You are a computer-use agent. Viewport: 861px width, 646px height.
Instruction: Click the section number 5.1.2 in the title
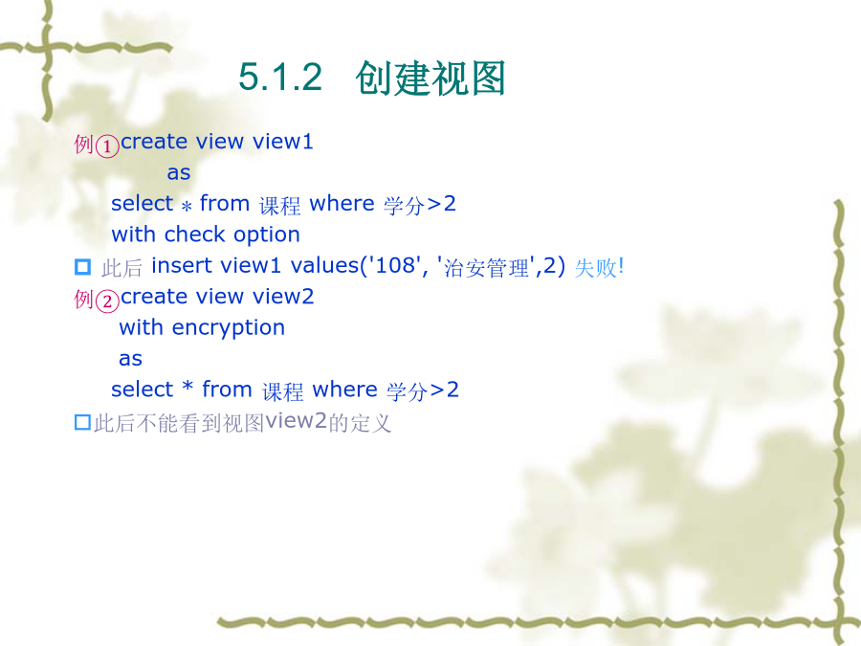pos(280,77)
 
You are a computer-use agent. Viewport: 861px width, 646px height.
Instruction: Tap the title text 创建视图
pos(430,78)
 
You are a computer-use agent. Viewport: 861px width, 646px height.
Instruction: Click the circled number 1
pos(107,146)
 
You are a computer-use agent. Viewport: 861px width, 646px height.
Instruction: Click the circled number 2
pos(107,301)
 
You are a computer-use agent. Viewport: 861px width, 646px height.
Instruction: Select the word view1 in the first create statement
pos(282,142)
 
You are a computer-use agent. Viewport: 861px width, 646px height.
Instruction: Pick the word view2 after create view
pos(283,296)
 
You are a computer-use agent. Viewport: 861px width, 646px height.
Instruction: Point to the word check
pos(195,234)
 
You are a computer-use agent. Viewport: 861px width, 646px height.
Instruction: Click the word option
pos(267,235)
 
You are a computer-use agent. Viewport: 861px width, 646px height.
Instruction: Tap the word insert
pos(181,265)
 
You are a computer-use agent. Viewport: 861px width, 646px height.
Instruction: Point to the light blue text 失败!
pos(599,268)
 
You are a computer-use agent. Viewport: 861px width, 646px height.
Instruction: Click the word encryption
pos(229,328)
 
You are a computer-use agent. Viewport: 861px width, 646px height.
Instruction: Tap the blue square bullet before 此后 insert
pos(82,267)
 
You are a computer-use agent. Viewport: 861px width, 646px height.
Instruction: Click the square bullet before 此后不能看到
pos(82,422)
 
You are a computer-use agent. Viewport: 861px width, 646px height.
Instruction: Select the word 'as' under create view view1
pos(179,173)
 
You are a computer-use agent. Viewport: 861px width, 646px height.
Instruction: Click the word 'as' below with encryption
pos(131,359)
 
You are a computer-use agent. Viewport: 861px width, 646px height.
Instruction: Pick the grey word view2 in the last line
pos(297,420)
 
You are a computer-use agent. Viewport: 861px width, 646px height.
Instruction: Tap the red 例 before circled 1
pos(84,145)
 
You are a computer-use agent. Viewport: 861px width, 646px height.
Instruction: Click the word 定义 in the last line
pos(370,423)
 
